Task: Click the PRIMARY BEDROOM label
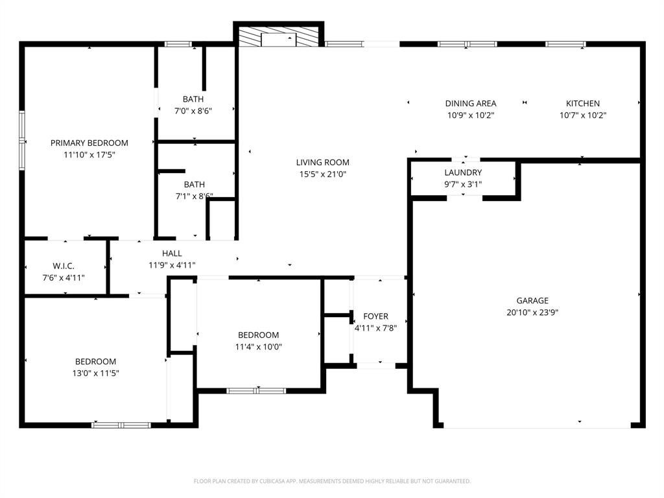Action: (89, 143)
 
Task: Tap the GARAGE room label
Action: (532, 300)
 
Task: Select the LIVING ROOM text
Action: (323, 162)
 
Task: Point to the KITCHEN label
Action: (583, 103)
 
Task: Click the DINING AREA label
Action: (471, 103)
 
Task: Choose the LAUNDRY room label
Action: (463, 172)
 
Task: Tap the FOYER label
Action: (375, 316)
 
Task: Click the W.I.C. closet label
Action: (64, 266)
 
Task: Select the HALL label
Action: (172, 253)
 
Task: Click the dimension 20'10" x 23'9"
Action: (532, 312)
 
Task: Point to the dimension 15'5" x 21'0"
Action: (323, 174)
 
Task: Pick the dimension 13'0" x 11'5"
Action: (96, 373)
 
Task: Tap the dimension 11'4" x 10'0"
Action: (258, 346)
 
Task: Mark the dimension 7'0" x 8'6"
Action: (193, 111)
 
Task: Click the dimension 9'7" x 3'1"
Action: (463, 184)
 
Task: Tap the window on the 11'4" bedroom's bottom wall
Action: (256, 390)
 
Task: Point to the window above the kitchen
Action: (565, 44)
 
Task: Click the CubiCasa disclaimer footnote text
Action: (332, 481)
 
